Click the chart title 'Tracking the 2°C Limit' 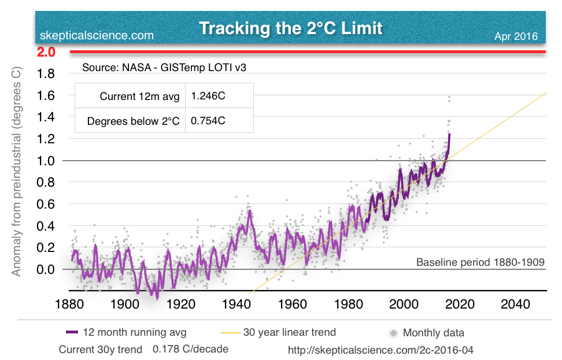[x=291, y=28]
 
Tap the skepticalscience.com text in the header [x=97, y=36]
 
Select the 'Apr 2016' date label [x=516, y=36]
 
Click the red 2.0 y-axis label [x=46, y=52]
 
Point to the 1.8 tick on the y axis [x=46, y=73]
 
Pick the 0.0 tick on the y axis [x=46, y=269]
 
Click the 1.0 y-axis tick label [x=46, y=161]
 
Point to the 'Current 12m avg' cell [x=139, y=96]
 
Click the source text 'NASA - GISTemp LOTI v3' [x=168, y=67]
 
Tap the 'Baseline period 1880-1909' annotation [x=480, y=262]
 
